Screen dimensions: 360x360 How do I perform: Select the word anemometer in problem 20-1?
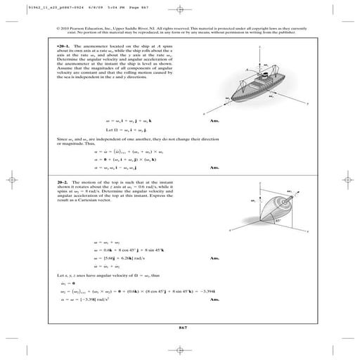tap(91, 44)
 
